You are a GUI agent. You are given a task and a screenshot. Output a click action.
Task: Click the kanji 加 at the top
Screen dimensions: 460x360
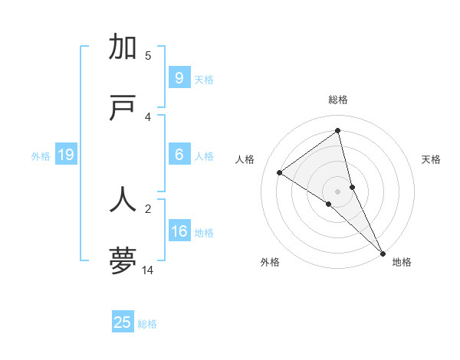[123, 47]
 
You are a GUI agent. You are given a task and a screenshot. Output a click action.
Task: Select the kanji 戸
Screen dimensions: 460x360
[123, 109]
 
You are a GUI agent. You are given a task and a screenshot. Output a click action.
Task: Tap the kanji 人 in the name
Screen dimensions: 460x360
[123, 198]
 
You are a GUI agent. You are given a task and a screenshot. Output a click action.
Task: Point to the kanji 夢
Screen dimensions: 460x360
[123, 260]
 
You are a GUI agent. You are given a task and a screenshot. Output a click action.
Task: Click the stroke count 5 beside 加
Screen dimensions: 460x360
[148, 55]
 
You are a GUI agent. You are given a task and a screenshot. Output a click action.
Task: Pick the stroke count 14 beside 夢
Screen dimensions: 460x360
[148, 270]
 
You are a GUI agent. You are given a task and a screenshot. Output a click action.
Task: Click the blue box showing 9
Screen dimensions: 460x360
[179, 78]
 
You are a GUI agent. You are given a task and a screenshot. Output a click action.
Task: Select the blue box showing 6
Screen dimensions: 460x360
[179, 155]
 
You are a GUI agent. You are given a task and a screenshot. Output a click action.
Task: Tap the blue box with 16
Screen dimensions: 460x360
[179, 231]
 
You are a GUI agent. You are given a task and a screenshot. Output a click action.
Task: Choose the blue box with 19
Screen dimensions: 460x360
[66, 155]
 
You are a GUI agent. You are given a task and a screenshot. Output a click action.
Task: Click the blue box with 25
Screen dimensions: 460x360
[123, 322]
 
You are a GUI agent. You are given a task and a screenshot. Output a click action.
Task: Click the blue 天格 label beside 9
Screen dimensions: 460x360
[204, 80]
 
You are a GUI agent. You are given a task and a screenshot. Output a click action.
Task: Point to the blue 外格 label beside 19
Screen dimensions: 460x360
[41, 156]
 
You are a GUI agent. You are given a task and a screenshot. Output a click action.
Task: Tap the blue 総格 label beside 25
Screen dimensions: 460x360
[148, 324]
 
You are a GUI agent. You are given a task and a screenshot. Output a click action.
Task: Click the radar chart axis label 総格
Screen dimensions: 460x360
[338, 100]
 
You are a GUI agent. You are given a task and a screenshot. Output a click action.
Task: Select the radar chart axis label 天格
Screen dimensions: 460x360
[431, 159]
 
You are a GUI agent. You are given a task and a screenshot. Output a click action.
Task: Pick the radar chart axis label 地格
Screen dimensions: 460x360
[402, 262]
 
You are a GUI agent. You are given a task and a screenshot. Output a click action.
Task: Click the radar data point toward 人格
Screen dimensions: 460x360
[280, 172]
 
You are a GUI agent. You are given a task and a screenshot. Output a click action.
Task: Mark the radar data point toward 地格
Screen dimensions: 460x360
[382, 252]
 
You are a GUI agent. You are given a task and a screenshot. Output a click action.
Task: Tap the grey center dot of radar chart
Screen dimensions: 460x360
[338, 191]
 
